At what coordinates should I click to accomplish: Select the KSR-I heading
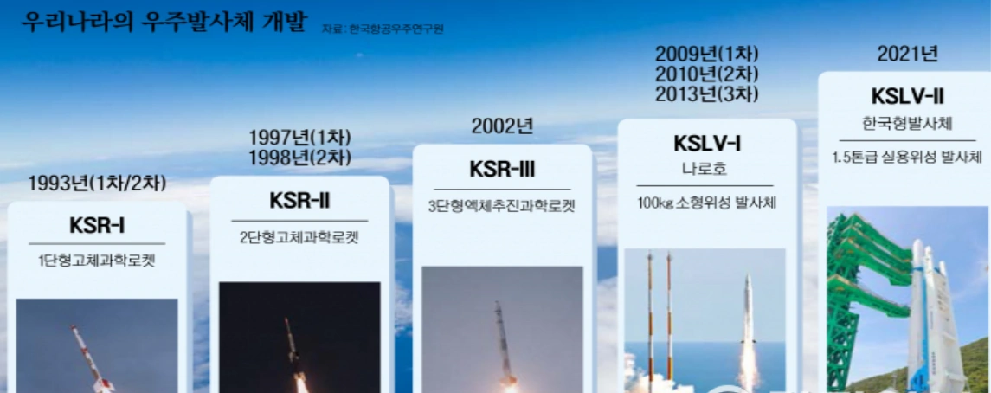[97, 226]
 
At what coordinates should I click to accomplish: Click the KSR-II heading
[299, 202]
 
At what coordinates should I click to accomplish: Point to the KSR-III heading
[502, 169]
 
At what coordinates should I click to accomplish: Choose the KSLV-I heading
[706, 144]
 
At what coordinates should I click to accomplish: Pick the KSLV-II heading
[907, 96]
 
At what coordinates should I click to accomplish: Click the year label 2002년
[502, 126]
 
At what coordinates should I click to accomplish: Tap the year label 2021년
[907, 54]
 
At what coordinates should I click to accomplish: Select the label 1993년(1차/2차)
[97, 183]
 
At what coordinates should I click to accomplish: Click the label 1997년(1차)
[299, 139]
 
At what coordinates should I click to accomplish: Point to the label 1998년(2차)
[299, 158]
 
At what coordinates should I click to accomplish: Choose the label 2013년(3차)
[706, 94]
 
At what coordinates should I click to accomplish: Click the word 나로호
[706, 169]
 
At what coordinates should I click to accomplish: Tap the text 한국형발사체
[907, 123]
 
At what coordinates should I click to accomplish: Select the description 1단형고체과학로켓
[97, 261]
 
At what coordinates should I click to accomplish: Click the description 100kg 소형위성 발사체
[706, 203]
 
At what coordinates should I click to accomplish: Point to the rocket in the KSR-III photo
[504, 342]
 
